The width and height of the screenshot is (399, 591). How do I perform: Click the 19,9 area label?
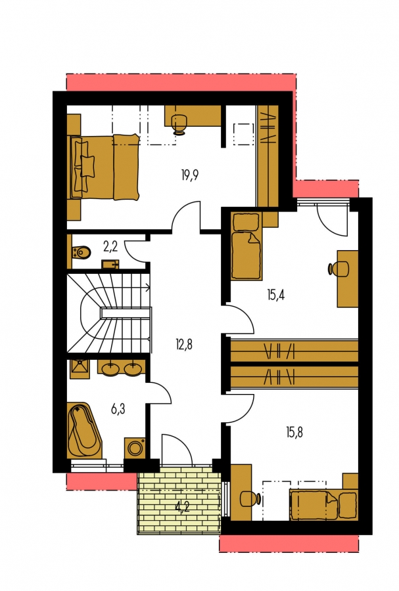[190, 175]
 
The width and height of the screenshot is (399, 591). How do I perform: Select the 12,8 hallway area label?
[183, 344]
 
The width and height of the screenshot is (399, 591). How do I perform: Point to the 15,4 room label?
[275, 294]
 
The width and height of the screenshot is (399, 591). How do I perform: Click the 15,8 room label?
[294, 432]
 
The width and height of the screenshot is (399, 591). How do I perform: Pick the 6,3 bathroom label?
[118, 408]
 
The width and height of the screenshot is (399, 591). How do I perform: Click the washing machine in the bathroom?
[135, 448]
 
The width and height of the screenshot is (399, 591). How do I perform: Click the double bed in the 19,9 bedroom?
[103, 166]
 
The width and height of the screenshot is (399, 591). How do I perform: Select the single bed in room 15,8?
[323, 504]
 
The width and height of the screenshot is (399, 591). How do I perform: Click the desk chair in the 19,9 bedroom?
[179, 125]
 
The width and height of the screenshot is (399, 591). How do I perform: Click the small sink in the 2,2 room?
[110, 264]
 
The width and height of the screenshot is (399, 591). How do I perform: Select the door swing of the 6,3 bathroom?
[161, 393]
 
